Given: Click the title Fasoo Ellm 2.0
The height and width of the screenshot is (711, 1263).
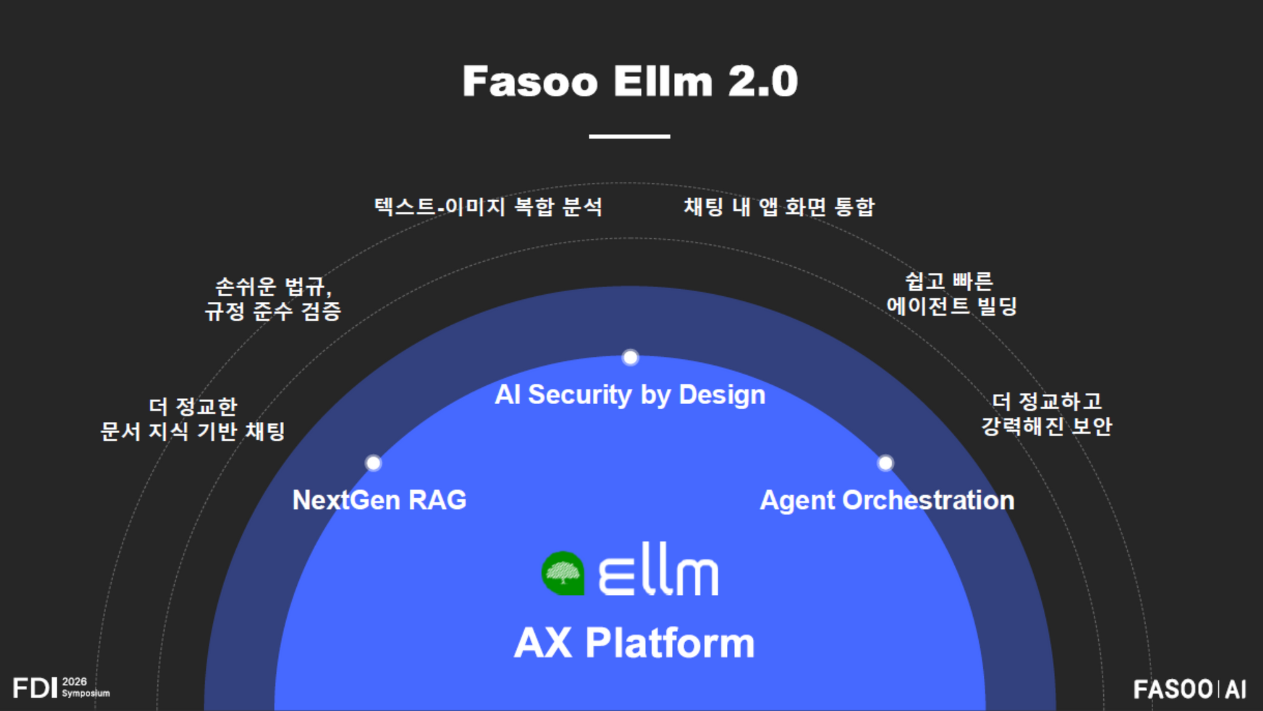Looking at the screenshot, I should pos(630,81).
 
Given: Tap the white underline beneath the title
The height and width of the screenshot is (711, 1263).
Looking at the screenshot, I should pos(629,136).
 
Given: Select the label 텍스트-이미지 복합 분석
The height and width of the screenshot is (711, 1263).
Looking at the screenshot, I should pos(488,206).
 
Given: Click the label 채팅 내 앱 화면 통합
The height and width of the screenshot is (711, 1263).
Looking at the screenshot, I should pos(779,206).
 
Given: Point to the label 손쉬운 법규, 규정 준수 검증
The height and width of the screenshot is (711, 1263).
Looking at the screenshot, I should pos(273,299).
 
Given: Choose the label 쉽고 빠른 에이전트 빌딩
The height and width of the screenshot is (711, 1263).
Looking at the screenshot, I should pos(951,294).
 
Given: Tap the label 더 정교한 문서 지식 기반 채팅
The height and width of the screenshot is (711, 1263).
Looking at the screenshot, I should pos(193,419).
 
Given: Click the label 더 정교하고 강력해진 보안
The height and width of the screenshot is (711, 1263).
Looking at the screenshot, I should pos(1046,414).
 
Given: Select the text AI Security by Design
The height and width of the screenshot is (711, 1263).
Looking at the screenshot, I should pos(630,395).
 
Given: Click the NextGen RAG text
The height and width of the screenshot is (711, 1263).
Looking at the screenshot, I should pos(380,500).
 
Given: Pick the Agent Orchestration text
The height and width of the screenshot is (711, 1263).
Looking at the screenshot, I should pos(887,500).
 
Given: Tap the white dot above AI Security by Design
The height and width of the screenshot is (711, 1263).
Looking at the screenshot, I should pos(630,357).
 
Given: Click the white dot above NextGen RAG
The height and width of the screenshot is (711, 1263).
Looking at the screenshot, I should pos(373,463).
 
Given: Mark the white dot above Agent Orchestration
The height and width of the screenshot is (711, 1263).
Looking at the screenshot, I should pos(885,463).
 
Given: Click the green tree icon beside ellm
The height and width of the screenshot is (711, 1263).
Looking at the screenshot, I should pos(563,573).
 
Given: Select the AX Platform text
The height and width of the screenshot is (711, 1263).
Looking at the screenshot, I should pos(634,643).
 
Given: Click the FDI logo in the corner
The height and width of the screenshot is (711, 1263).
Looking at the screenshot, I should pos(35,688).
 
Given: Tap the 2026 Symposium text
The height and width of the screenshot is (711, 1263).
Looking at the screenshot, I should pos(85,687).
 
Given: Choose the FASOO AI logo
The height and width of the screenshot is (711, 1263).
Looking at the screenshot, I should pos(1190,689).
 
